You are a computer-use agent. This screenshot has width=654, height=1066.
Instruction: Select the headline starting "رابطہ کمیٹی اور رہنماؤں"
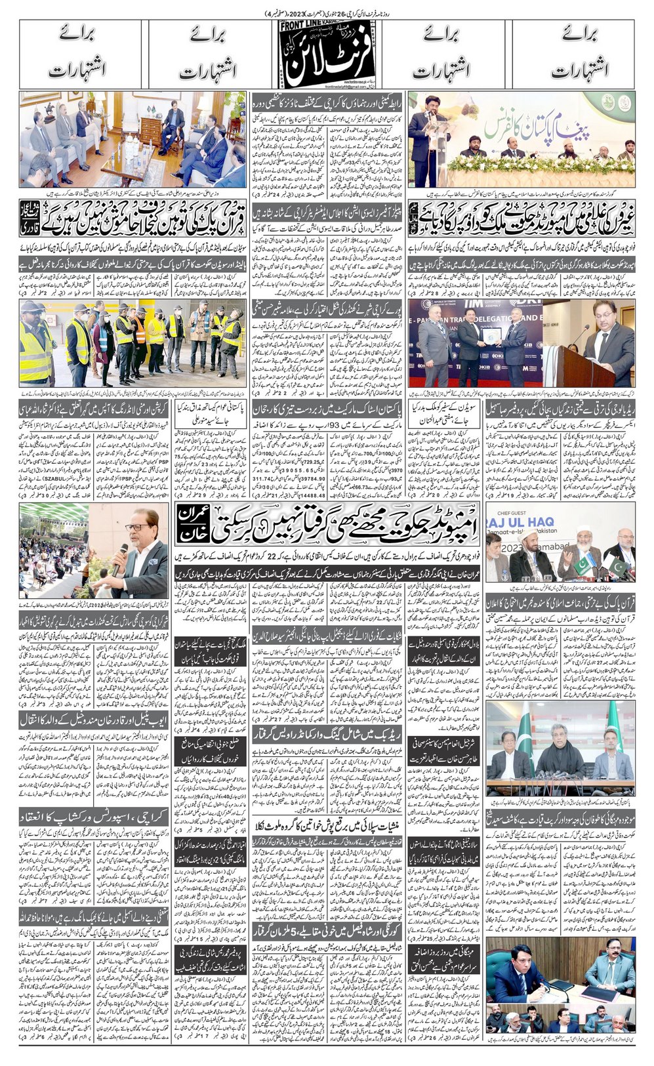(x=326, y=100)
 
